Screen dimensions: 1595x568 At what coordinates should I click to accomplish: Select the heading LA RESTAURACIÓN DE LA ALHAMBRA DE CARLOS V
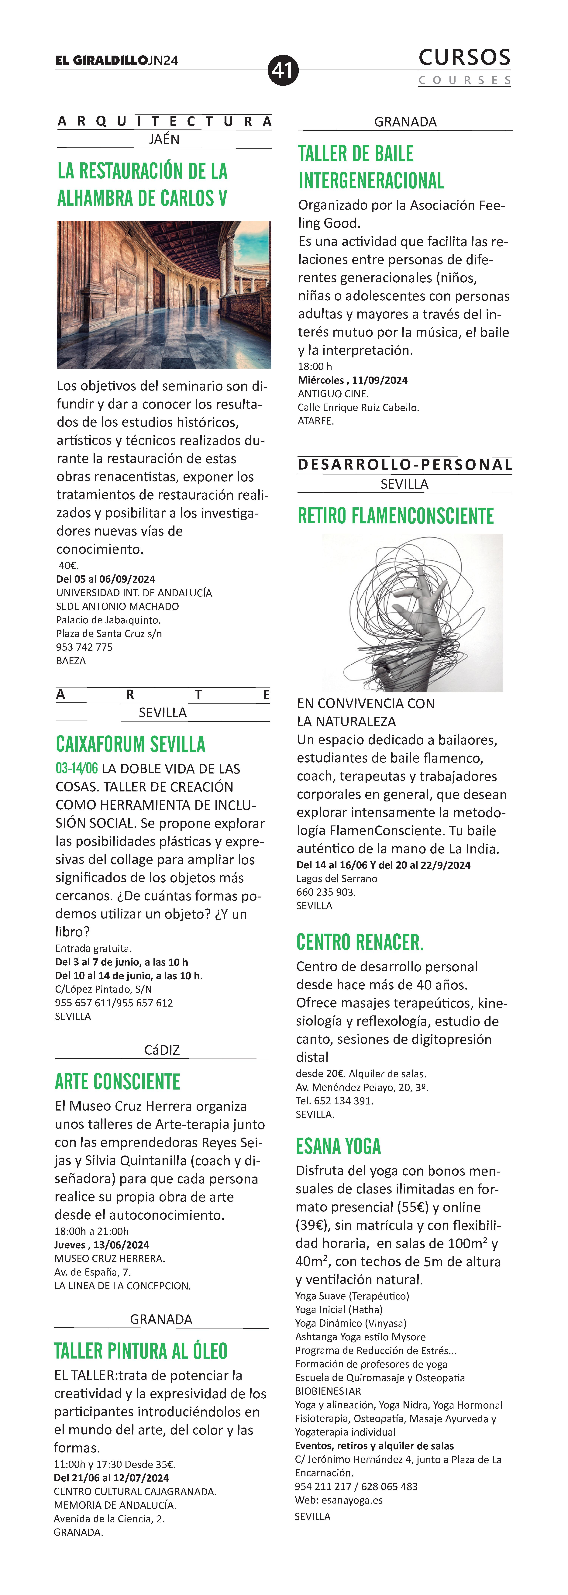[143, 184]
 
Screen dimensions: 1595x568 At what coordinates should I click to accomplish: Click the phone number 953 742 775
[84, 647]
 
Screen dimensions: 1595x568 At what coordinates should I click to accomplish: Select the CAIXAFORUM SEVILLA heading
[131, 744]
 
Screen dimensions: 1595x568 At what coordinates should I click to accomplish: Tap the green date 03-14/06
[77, 768]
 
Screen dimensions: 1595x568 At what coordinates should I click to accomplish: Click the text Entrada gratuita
[93, 948]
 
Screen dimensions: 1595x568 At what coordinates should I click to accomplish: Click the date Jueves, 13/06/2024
[102, 1245]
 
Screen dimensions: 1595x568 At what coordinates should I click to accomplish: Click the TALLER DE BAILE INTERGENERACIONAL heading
[371, 167]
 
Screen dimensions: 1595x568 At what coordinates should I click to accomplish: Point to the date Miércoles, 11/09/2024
[353, 380]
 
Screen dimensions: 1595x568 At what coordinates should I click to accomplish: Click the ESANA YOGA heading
[338, 1146]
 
